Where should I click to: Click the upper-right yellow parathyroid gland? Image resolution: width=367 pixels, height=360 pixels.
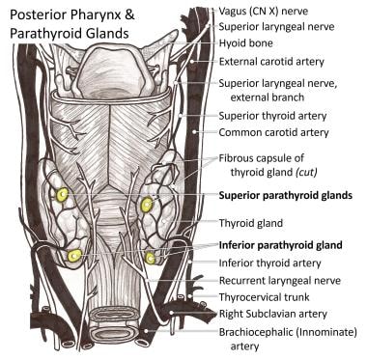click(147, 205)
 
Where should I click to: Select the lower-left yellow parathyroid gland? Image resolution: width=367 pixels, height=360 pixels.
click(74, 256)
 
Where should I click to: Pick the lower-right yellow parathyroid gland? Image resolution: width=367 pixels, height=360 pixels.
click(151, 258)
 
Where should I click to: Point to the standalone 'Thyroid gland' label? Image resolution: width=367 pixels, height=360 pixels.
click(254, 221)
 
